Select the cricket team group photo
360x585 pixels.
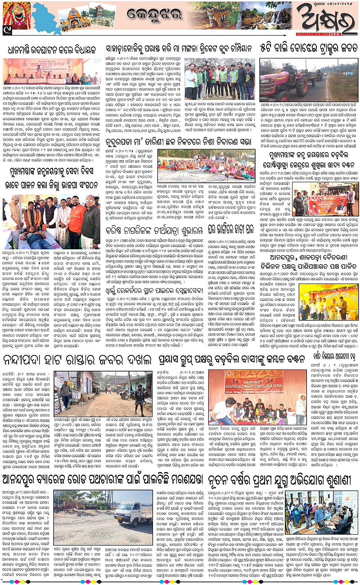click(220, 78)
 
